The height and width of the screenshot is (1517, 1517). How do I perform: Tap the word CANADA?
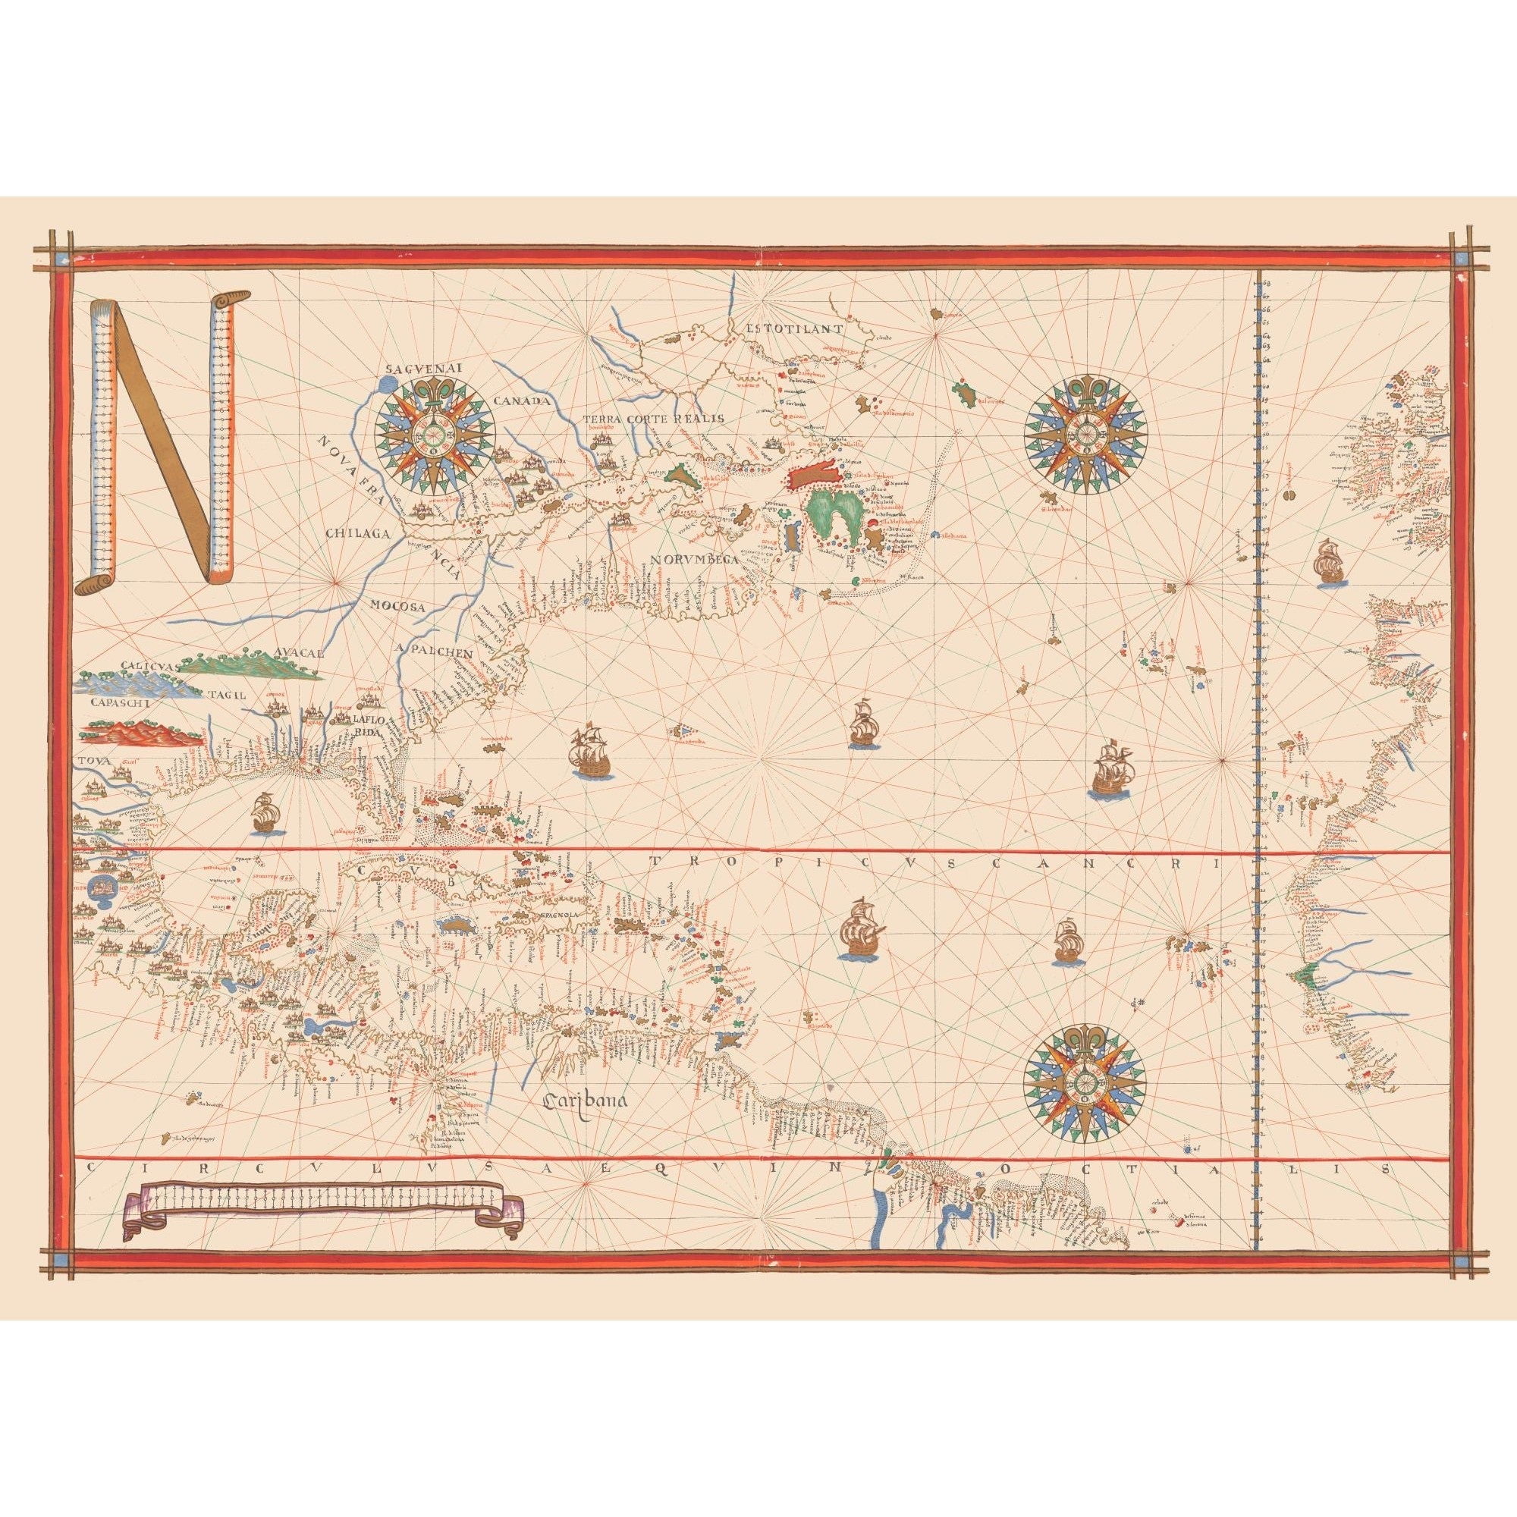click(x=519, y=400)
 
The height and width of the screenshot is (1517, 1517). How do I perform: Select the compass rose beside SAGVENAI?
click(x=434, y=429)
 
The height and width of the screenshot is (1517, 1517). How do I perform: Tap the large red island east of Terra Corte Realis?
click(x=817, y=476)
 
